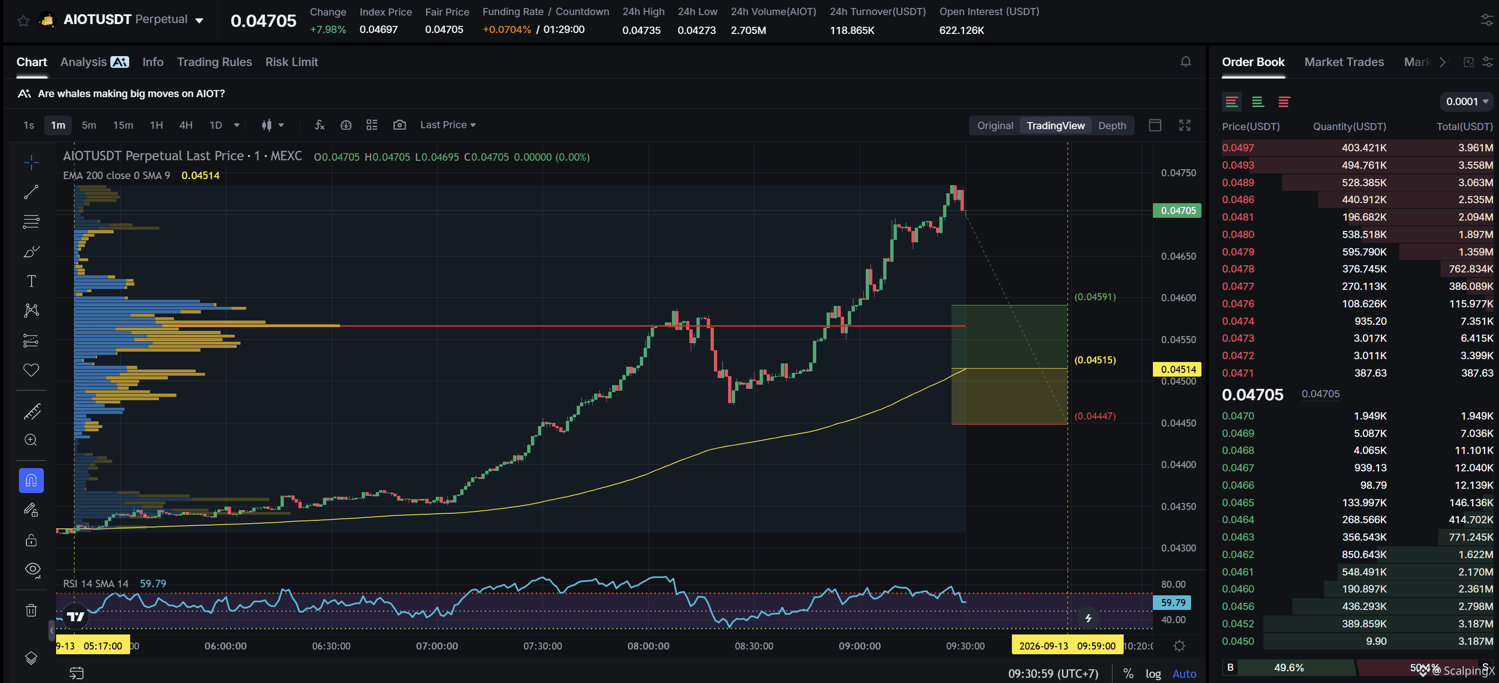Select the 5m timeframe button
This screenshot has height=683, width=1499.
[89, 125]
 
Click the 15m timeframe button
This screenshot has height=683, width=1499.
[123, 125]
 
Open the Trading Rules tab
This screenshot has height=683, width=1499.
[214, 62]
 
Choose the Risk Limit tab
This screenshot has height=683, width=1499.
[291, 62]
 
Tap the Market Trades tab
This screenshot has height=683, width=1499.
[1343, 62]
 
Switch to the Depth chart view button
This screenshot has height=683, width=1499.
[1111, 126]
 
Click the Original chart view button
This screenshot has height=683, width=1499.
[994, 126]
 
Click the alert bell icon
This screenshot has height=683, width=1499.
[1185, 62]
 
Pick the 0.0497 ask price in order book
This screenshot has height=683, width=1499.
[1238, 148]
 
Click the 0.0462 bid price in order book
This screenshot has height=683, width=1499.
[1238, 554]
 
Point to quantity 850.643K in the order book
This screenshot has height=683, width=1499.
[1364, 554]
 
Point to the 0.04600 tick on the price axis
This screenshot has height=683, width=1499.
[1178, 298]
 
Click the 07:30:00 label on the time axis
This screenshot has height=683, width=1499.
[542, 646]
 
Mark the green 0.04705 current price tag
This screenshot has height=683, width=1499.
[1177, 211]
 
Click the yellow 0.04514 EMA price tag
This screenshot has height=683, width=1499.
[1177, 370]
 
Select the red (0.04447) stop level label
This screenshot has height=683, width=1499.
[1094, 416]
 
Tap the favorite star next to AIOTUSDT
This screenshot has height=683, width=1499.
[23, 21]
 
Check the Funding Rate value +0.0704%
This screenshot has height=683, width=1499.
[506, 30]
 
